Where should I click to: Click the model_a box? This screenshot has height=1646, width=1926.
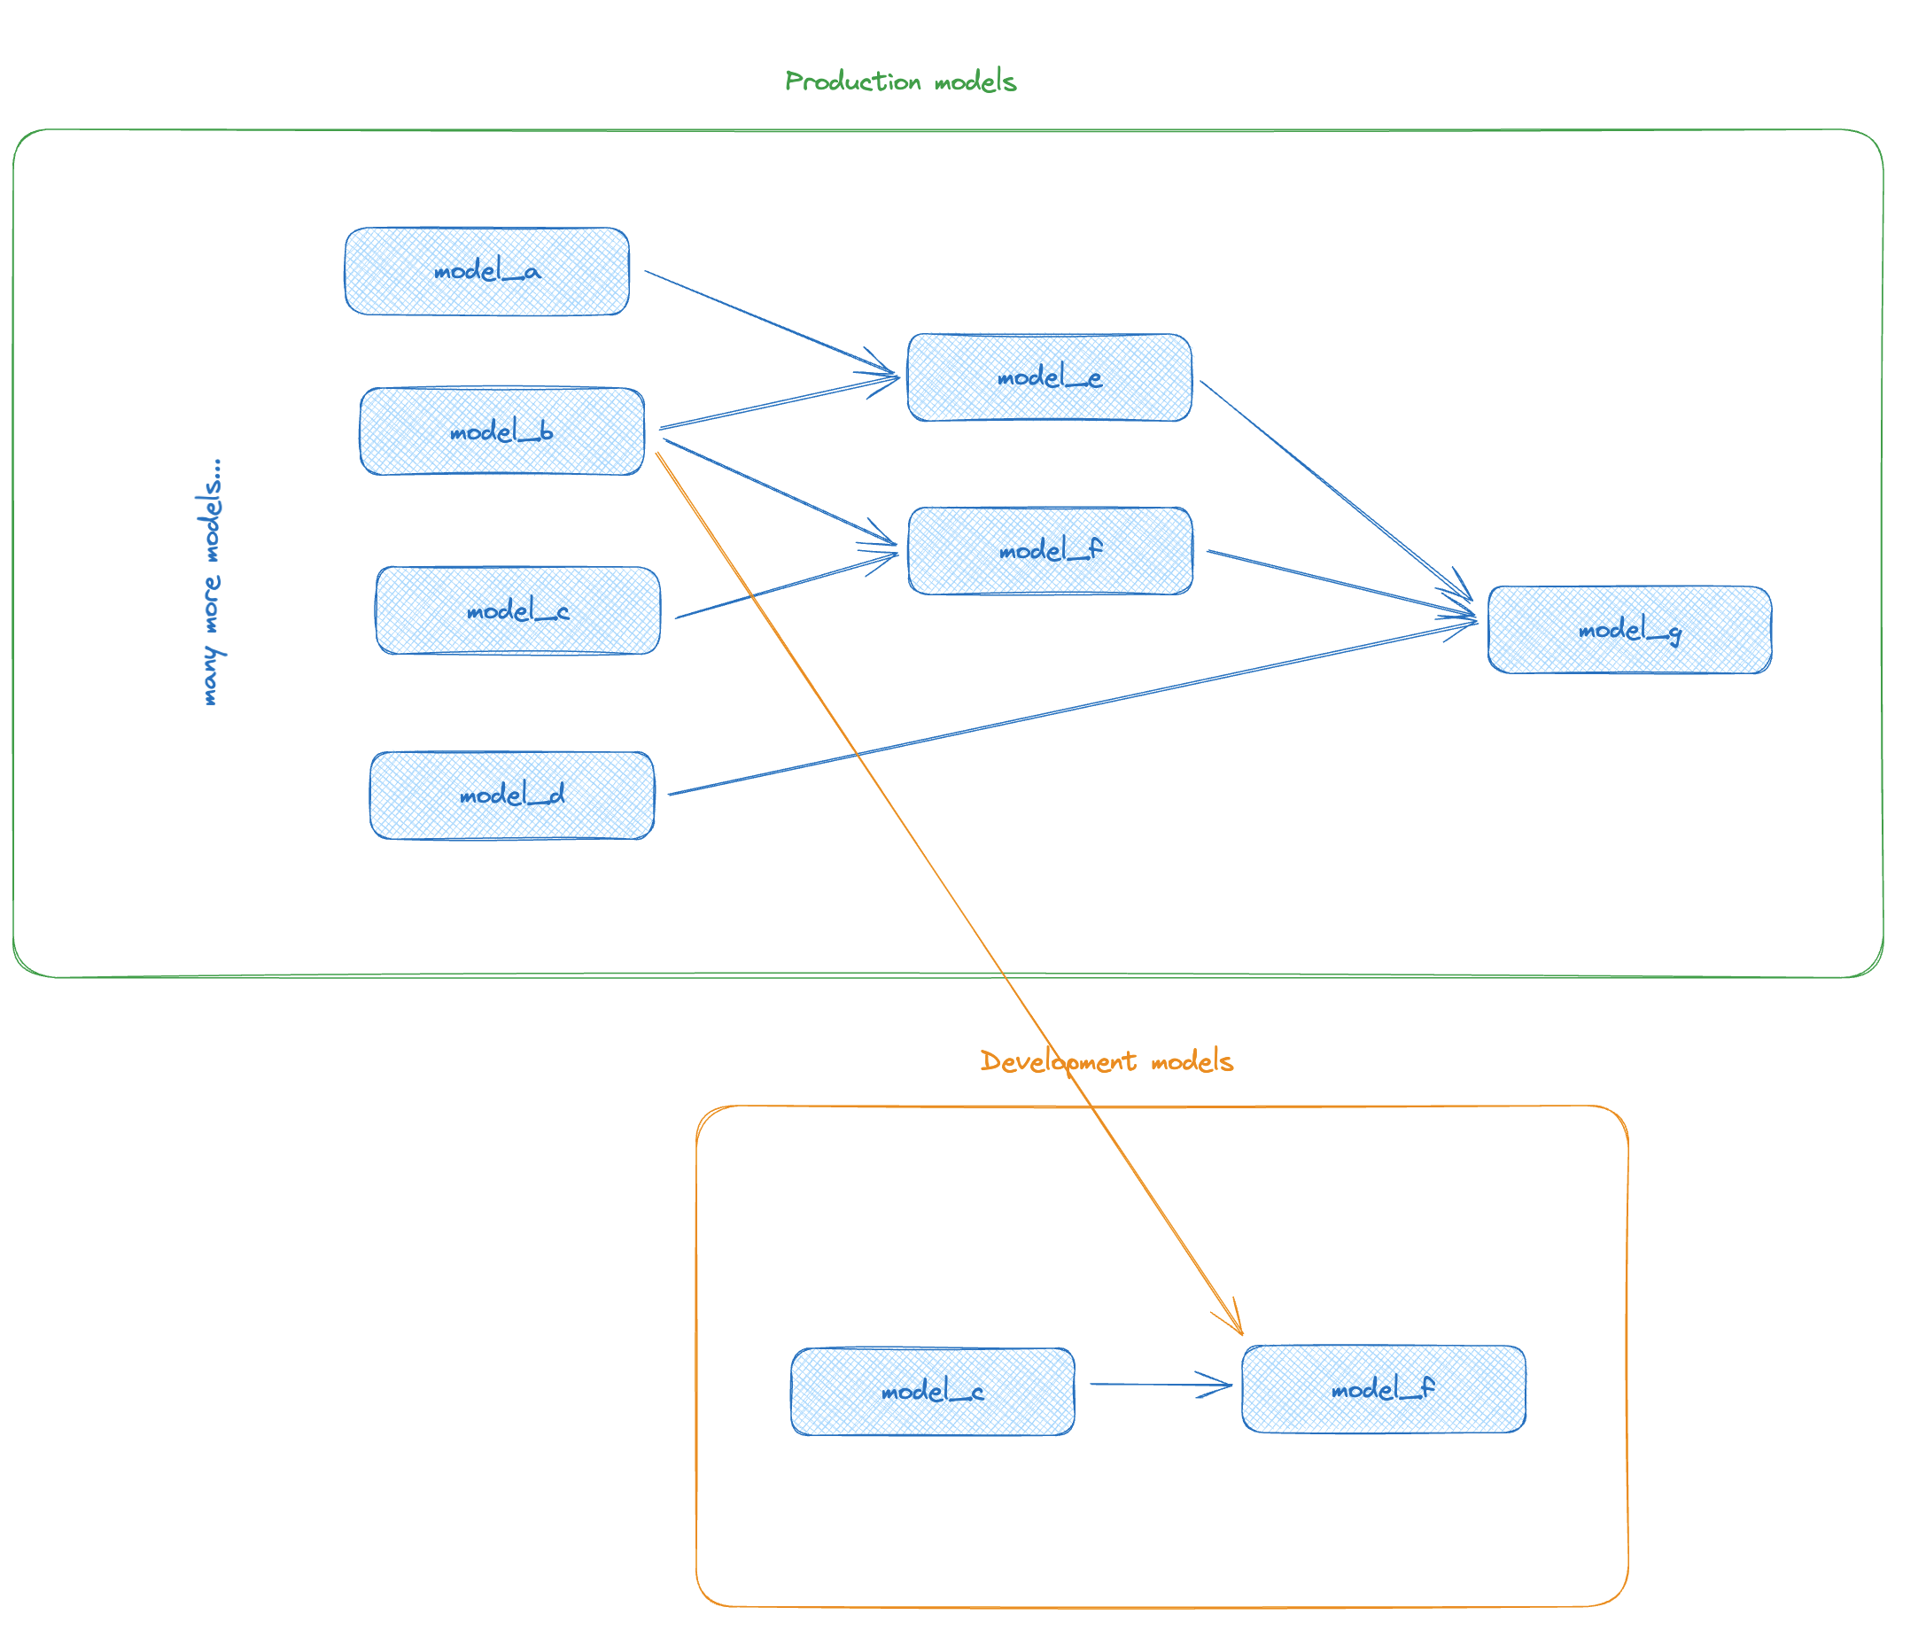pyautogui.click(x=486, y=271)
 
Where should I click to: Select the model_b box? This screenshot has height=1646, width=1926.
pyautogui.click(x=502, y=431)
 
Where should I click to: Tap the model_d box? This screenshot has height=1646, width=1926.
pyautogui.click(x=511, y=796)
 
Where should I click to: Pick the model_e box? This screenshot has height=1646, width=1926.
pyautogui.click(x=1050, y=377)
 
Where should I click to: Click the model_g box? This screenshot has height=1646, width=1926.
pyautogui.click(x=1628, y=629)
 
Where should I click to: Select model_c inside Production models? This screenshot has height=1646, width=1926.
pyautogui.click(x=517, y=610)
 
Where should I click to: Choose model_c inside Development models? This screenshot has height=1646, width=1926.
pyautogui.click(x=932, y=1392)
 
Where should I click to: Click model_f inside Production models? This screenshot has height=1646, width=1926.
pyautogui.click(x=1050, y=550)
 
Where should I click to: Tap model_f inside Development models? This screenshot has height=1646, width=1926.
pyautogui.click(x=1383, y=1389)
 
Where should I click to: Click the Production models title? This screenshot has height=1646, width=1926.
pyautogui.click(x=900, y=82)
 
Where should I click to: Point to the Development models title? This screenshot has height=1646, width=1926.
pyautogui.click(x=1107, y=1061)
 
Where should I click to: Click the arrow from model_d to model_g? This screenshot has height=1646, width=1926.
pyautogui.click(x=1069, y=708)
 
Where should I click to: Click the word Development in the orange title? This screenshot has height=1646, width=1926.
pyautogui.click(x=1058, y=1061)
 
